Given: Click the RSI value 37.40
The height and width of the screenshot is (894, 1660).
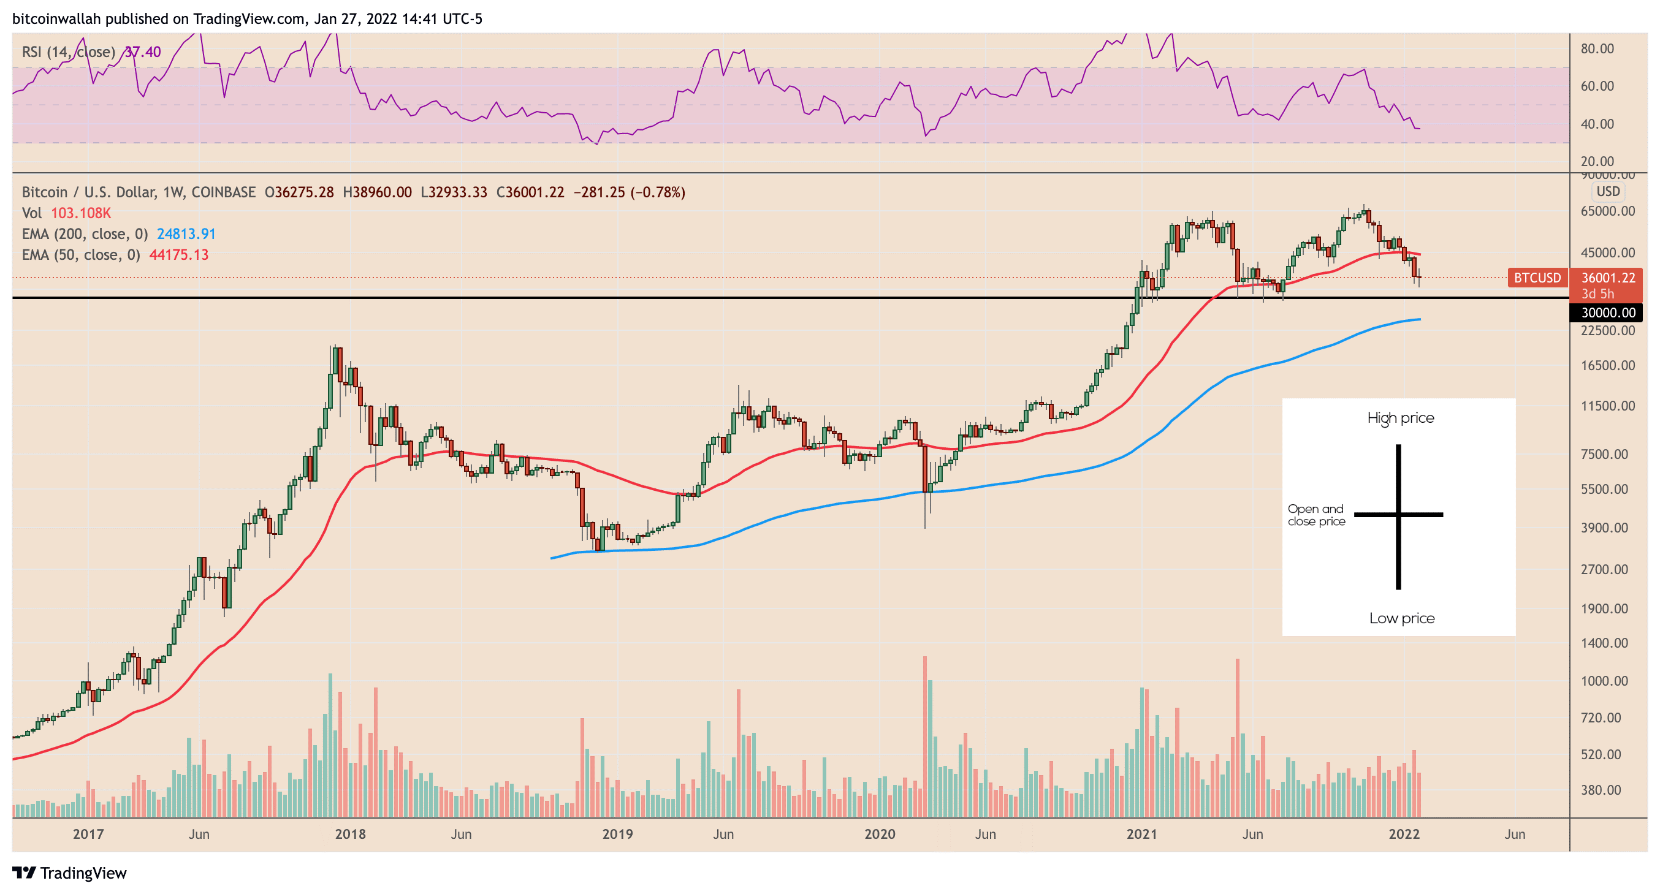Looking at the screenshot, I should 142,51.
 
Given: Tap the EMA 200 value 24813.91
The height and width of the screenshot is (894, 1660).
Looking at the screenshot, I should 186,234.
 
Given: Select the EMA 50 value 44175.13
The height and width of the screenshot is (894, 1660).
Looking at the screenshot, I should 178,254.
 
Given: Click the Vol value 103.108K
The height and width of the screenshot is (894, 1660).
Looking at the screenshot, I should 80,213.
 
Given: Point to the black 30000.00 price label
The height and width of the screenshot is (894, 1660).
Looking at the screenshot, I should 1608,313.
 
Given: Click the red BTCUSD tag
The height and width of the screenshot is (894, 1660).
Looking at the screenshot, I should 1537,278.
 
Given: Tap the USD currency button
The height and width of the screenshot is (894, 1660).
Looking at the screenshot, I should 1608,191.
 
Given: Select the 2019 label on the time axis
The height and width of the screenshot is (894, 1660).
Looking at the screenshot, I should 617,834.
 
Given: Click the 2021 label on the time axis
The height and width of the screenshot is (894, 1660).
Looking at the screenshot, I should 1141,834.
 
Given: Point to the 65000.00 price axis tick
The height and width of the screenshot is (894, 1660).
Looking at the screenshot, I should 1608,211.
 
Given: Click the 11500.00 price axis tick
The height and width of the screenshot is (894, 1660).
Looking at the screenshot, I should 1608,406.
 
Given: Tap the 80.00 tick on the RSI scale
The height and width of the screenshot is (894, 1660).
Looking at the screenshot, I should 1597,49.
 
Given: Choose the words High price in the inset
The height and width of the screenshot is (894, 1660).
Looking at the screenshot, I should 1400,418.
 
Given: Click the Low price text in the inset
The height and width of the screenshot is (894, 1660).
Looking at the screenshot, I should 1401,618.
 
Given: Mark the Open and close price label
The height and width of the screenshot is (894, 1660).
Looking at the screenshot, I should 1316,515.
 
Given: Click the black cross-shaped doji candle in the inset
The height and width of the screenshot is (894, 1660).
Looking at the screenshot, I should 1398,515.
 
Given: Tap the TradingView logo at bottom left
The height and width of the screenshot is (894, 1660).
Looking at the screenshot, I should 70,873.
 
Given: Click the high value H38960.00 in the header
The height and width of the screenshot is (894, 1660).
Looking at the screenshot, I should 377,192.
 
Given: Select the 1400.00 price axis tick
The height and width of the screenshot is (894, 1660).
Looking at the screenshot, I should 1604,643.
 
